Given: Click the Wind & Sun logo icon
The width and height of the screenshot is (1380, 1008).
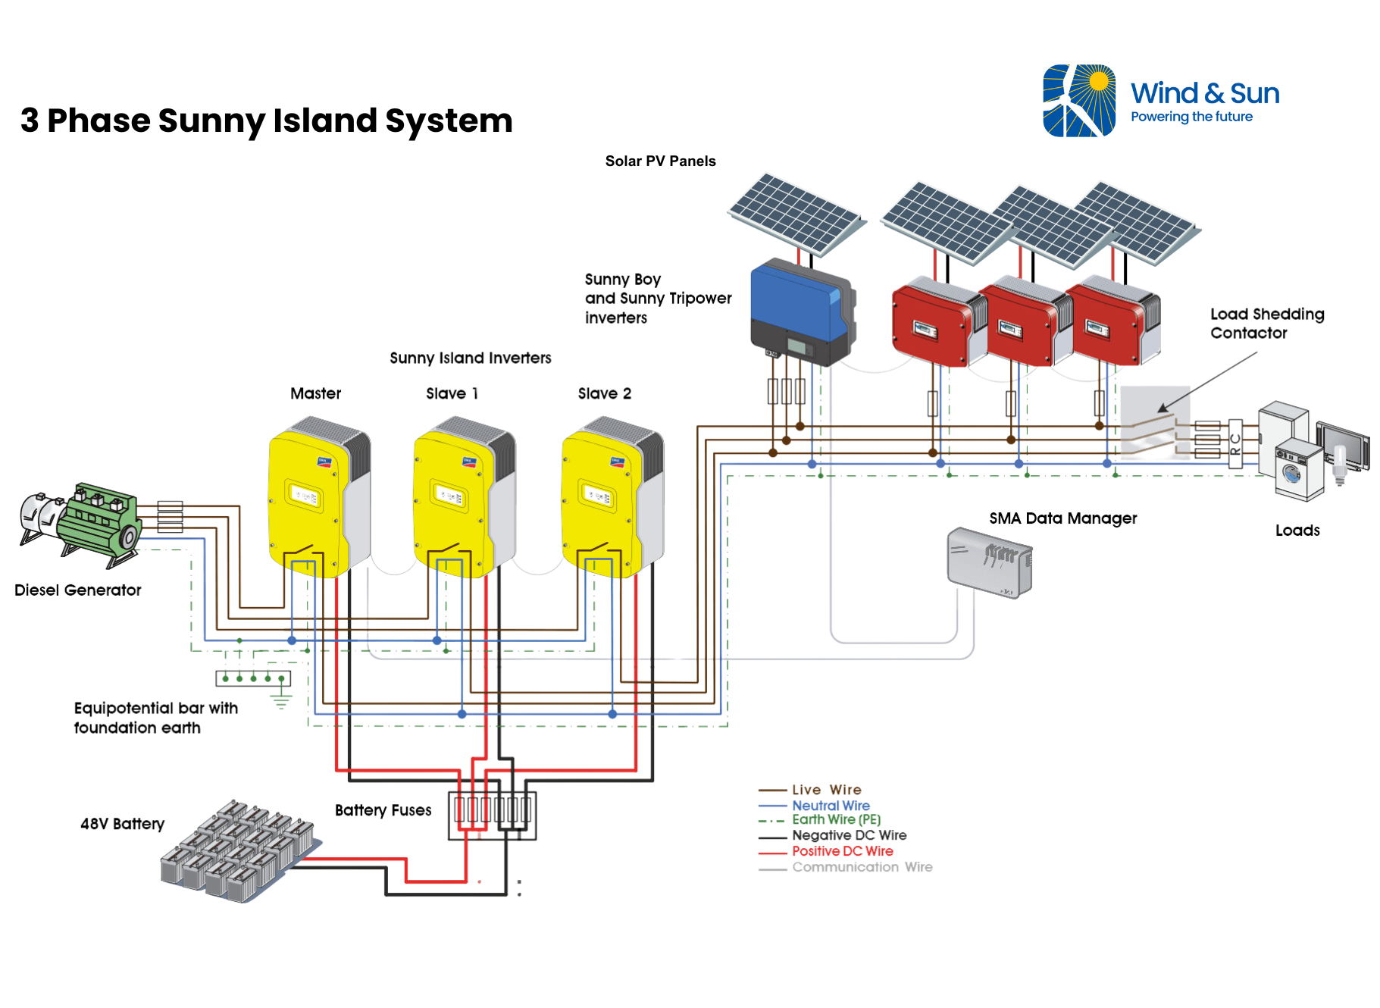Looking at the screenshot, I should pos(1079,101).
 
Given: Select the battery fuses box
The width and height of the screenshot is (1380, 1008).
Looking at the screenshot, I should pos(492,815).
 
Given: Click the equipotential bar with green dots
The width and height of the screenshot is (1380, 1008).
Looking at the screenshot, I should pos(253,678).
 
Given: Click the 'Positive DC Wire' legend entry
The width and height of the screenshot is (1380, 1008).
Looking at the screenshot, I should pos(842,851).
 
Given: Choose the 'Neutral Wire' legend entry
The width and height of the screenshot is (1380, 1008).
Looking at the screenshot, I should pos(831,805).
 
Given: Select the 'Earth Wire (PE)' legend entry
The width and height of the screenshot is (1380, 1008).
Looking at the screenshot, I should pos(836,820).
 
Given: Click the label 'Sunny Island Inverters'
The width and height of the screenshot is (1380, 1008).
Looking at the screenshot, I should pos(470,358).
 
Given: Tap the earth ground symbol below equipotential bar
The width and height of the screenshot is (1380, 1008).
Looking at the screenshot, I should pos(281,702).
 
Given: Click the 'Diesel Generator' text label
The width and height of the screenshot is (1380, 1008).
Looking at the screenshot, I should pos(77,590).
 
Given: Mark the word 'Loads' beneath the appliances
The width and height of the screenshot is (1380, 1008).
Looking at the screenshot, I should pos(1297,531).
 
